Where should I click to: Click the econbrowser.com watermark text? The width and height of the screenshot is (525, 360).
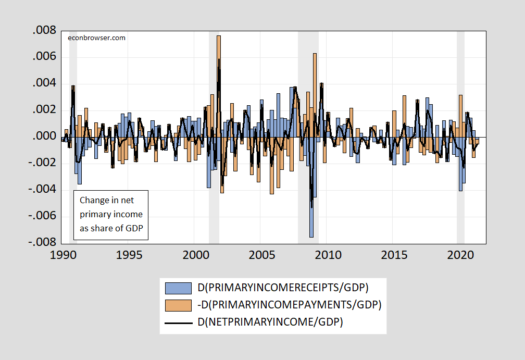pyautogui.click(x=97, y=38)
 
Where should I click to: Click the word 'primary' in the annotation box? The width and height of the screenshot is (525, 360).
pyautogui.click(x=95, y=214)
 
